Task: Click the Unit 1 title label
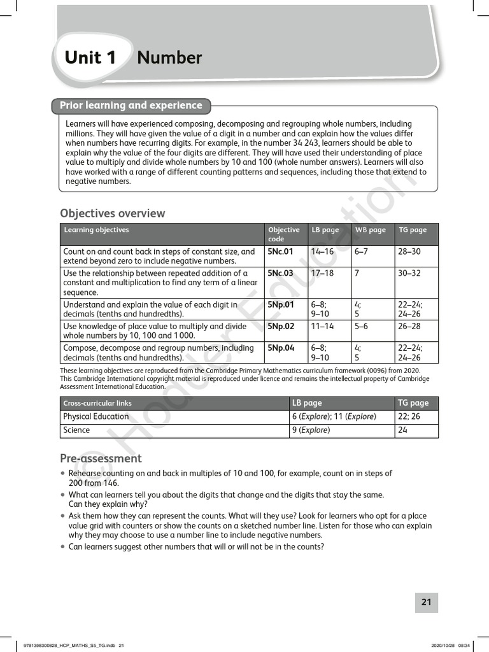[90, 58]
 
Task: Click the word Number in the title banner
[169, 58]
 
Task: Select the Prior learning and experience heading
[131, 106]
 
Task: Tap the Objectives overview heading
[112, 213]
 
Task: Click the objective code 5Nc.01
[280, 252]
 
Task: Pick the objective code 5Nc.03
[280, 273]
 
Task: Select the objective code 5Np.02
[280, 326]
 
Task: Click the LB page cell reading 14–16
[322, 252]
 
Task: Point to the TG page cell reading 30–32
[409, 273]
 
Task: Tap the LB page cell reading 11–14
[322, 326]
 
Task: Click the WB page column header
[370, 230]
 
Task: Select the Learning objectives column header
[96, 230]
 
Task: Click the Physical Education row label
[96, 416]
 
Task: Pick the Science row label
[76, 430]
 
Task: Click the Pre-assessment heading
[101, 458]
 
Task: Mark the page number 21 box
[426, 602]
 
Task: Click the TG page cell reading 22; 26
[409, 416]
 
